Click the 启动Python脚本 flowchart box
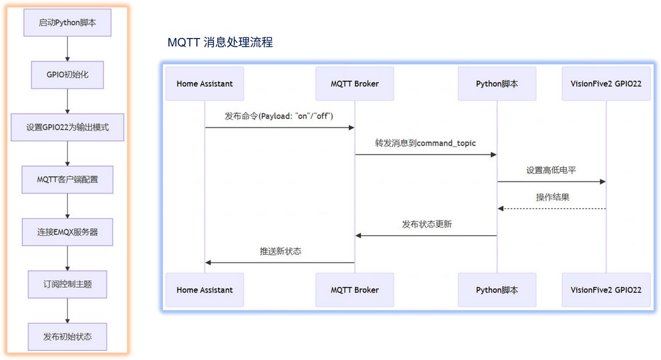pos(67,23)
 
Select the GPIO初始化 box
pos(67,75)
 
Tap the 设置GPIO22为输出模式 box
pos(67,127)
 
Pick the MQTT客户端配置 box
pos(67,179)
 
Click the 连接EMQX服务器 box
pos(67,232)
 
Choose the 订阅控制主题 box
pos(67,284)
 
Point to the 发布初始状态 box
pos(67,336)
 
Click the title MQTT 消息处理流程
pos(220,42)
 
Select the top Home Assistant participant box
pos(204,83)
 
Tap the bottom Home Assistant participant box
pos(204,290)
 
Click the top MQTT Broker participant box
pos(354,83)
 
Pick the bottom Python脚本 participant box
pos(497,290)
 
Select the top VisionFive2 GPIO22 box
pos(606,83)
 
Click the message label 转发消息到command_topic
pos(425,143)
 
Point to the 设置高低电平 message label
pos(551,170)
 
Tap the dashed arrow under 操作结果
pos(552,209)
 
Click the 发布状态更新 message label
pos(427,224)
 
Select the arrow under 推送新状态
pos(280,263)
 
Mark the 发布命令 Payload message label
pos(279,116)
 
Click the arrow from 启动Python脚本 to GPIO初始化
pos(67,49)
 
